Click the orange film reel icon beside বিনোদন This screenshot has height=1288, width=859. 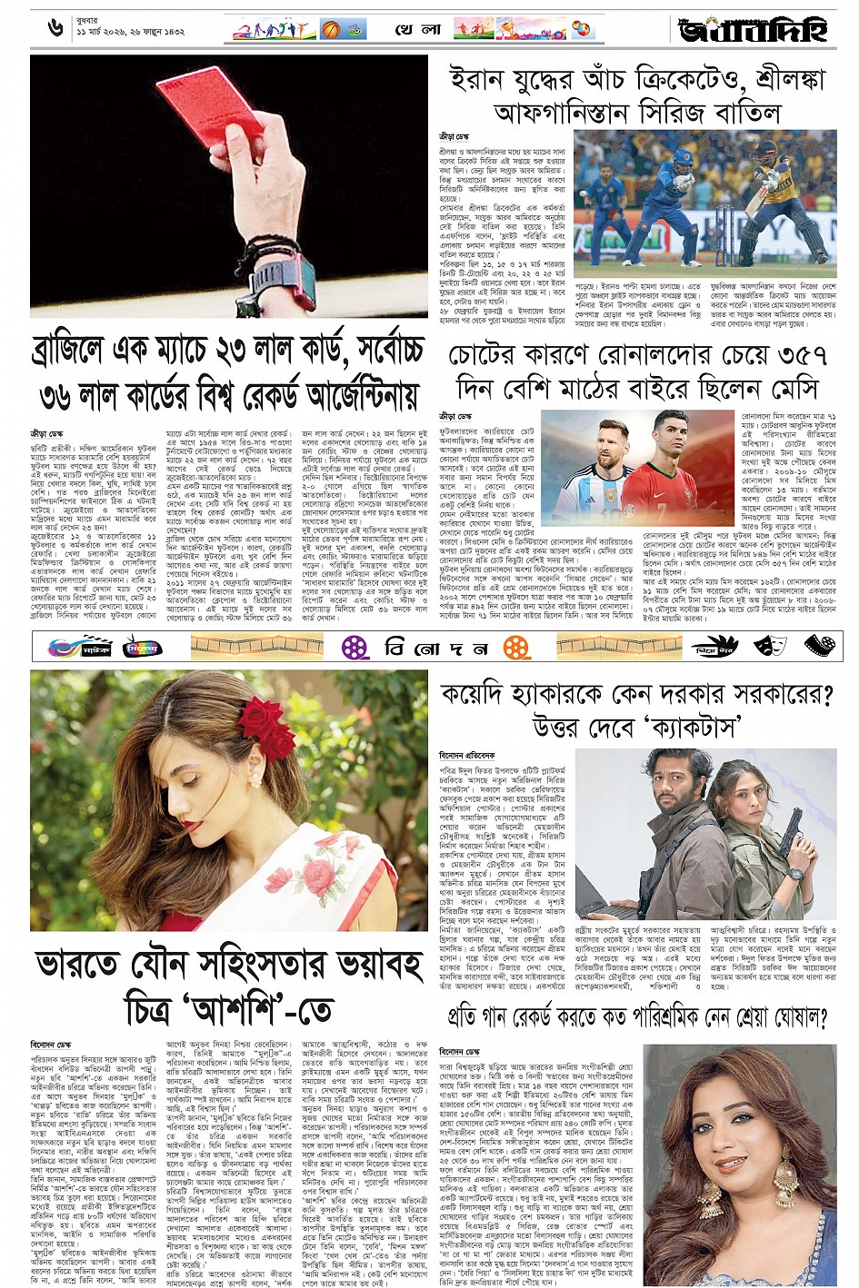click(x=517, y=647)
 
